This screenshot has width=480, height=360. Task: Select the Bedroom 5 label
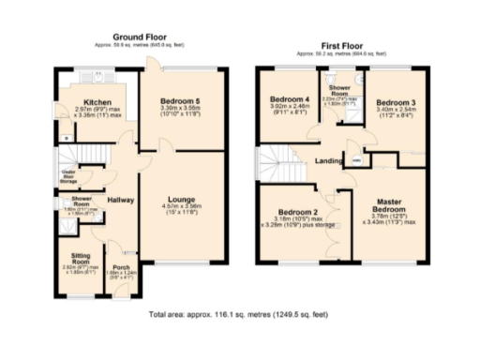(182, 100)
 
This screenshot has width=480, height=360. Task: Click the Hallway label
(121, 200)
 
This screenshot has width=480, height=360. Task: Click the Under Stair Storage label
(68, 175)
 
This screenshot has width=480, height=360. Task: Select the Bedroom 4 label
(290, 99)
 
